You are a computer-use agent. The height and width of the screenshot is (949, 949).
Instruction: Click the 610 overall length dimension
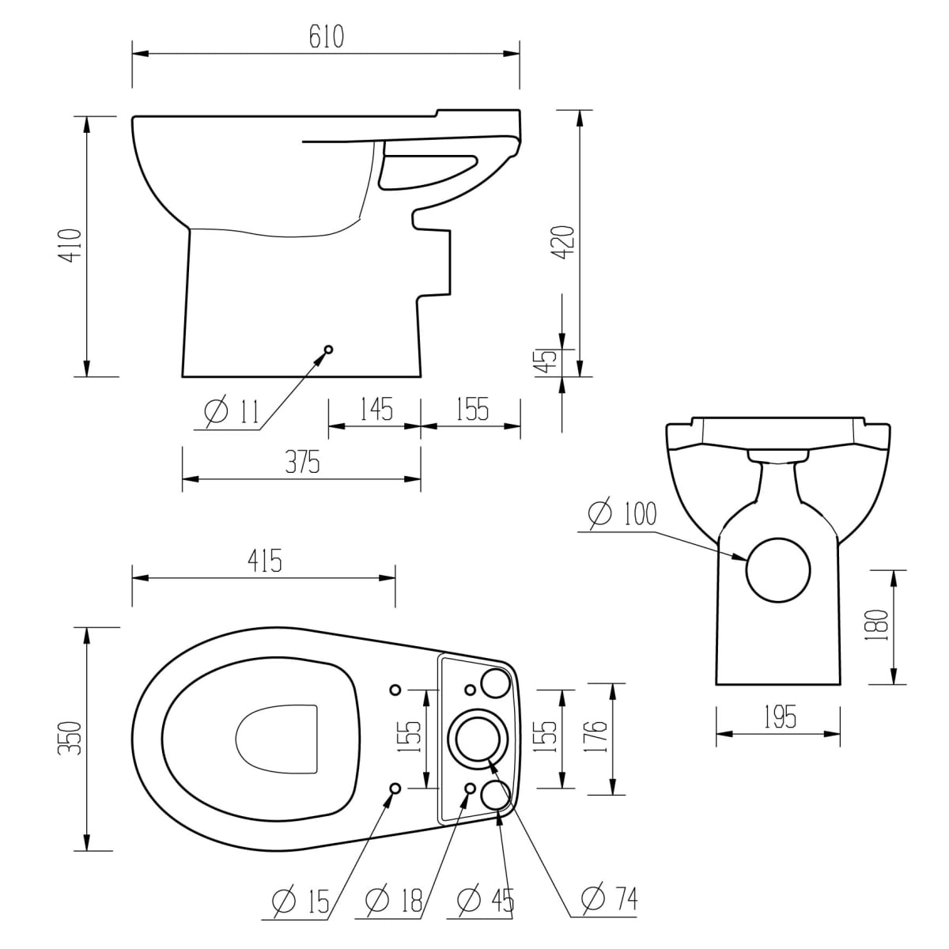click(x=327, y=36)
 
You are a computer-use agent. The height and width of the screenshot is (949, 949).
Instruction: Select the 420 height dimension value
click(x=563, y=242)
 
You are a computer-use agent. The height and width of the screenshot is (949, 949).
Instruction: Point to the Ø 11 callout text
click(x=232, y=410)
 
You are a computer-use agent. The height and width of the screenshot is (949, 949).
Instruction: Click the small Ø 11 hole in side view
click(x=328, y=350)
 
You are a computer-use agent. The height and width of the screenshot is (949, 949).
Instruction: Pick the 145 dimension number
click(x=376, y=409)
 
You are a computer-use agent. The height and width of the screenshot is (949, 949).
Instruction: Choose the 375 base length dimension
click(x=302, y=462)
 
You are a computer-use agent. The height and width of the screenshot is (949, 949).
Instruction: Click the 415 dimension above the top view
click(x=264, y=561)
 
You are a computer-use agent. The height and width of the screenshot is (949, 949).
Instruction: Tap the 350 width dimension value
click(x=70, y=738)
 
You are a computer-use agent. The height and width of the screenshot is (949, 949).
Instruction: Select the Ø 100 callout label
click(x=622, y=514)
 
